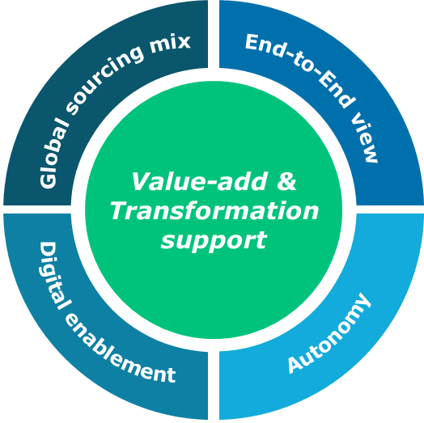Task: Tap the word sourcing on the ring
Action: (104, 80)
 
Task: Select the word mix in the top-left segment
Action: (171, 43)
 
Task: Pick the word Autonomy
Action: (329, 334)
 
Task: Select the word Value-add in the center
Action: (200, 181)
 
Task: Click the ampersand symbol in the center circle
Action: (286, 181)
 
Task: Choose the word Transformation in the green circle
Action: (214, 211)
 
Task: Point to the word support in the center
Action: (214, 241)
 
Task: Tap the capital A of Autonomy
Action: (297, 364)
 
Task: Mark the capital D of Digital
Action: (48, 251)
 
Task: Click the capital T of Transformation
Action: (121, 211)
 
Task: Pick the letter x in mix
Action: (184, 42)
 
